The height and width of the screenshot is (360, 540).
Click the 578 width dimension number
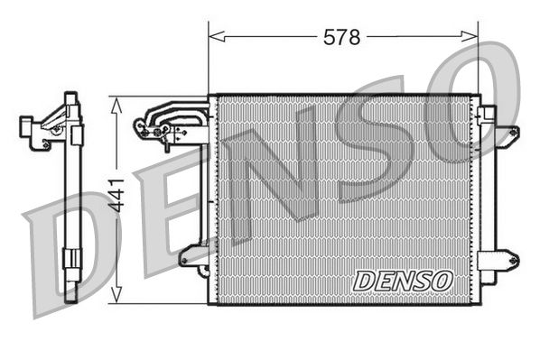[x=342, y=37]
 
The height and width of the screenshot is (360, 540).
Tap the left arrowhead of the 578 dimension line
[x=213, y=37]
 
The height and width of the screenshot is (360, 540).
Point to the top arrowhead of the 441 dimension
[x=116, y=102]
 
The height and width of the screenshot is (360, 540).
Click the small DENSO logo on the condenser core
[x=402, y=280]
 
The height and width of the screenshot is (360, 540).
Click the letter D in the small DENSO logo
[x=363, y=281]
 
